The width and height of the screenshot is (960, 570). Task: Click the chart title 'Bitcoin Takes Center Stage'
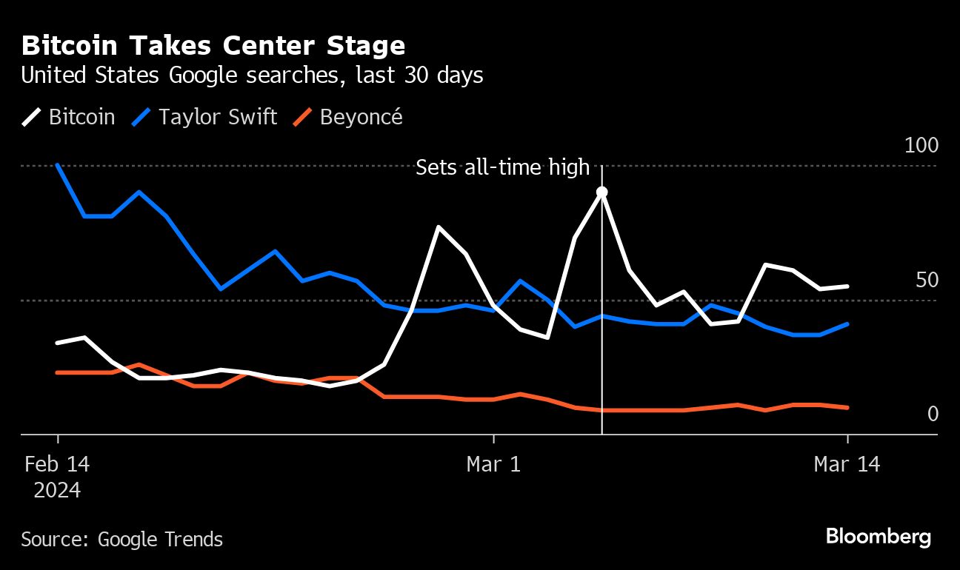coord(213,46)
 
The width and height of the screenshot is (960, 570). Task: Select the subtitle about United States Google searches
coord(252,76)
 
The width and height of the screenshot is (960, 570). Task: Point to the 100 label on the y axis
coord(921,145)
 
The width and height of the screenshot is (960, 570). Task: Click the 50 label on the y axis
coord(926,281)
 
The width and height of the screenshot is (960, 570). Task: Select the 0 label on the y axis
coord(933,414)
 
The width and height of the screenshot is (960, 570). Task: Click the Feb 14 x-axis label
coord(57,465)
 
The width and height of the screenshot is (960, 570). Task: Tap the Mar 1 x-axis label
coord(493,465)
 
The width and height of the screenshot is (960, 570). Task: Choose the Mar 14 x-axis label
coord(847,465)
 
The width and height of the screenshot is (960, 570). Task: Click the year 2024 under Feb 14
coord(57,490)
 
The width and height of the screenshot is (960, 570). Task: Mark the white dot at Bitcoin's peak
coord(602,192)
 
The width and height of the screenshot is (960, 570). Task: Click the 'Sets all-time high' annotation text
coord(502,168)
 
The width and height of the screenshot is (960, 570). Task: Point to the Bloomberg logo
coord(879,537)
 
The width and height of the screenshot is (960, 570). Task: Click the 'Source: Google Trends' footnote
coord(121,539)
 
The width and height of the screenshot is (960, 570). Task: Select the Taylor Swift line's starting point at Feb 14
coord(58,166)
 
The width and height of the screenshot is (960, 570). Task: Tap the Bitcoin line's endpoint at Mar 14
coord(847,286)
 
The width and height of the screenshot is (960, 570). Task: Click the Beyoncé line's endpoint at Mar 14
coord(847,407)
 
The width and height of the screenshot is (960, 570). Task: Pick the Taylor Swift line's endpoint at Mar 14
coord(847,324)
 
